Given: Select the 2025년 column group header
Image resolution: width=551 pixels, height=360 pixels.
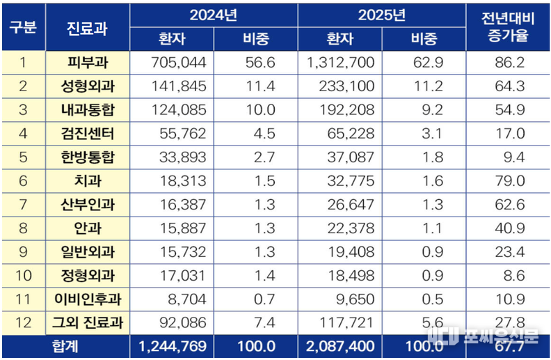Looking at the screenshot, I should point(381,15).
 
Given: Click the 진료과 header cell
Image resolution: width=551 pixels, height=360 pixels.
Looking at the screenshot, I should point(87,27).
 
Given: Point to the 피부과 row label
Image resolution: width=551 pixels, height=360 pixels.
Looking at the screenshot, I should point(87,63).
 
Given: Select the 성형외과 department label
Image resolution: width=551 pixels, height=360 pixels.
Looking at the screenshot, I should point(87,86).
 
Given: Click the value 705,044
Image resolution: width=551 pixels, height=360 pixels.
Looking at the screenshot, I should point(178,63).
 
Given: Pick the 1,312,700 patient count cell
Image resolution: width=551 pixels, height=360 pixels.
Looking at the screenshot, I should point(340,63).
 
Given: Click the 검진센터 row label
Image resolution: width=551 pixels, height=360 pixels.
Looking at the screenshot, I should point(87,134).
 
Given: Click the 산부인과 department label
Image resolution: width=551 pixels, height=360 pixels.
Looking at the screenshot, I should point(87,205).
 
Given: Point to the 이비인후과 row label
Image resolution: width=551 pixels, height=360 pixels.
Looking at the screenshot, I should point(87,299).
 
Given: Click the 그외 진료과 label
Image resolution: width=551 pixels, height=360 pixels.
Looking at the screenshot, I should point(87,323).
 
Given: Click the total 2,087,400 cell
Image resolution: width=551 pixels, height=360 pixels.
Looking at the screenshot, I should point(340,347).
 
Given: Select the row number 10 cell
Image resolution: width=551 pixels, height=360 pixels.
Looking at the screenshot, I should point(23,276).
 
